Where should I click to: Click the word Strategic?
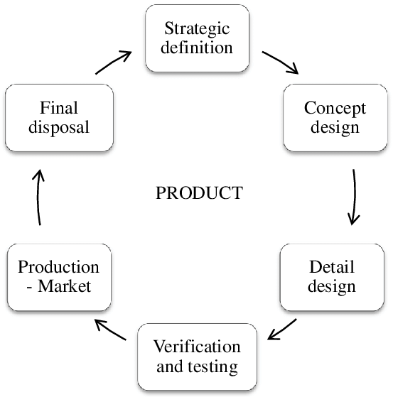(197, 29)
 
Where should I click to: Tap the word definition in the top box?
(197, 47)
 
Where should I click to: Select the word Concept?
(335, 109)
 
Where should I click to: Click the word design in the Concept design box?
(335, 128)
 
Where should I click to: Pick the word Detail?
(332, 267)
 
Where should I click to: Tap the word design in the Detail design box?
(332, 287)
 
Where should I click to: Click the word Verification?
(197, 347)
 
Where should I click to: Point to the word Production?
(58, 267)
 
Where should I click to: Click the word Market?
(64, 286)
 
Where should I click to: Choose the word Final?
(59, 108)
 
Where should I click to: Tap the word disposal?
(59, 127)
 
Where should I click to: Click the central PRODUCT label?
(200, 193)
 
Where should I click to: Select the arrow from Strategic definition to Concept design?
(281, 62)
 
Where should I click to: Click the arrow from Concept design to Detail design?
(355, 197)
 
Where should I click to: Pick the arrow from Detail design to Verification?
(281, 330)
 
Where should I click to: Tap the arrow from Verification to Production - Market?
(110, 330)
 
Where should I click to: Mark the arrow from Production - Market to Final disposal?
(38, 197)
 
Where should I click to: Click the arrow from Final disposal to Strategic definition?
(113, 62)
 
